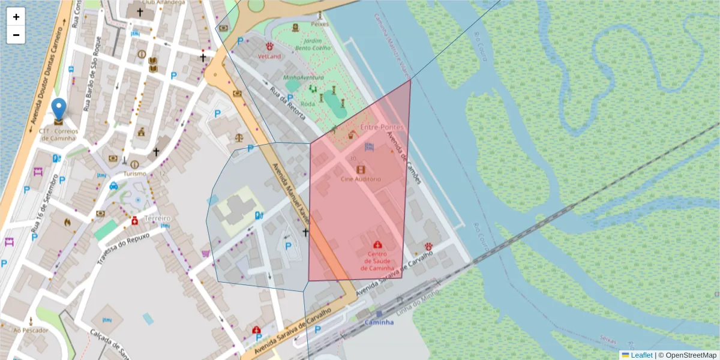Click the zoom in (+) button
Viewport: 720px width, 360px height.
point(16,17)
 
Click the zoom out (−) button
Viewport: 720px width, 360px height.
point(16,35)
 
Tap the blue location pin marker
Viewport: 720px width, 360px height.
point(59,110)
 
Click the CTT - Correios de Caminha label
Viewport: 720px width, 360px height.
point(59,134)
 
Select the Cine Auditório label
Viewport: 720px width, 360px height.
point(361,179)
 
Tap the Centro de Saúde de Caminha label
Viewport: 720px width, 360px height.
point(377,260)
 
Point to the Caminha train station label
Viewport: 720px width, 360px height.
point(379,322)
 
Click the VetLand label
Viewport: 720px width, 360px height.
point(269,56)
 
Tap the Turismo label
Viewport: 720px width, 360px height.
point(135,173)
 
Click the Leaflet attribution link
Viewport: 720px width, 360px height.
point(641,355)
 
